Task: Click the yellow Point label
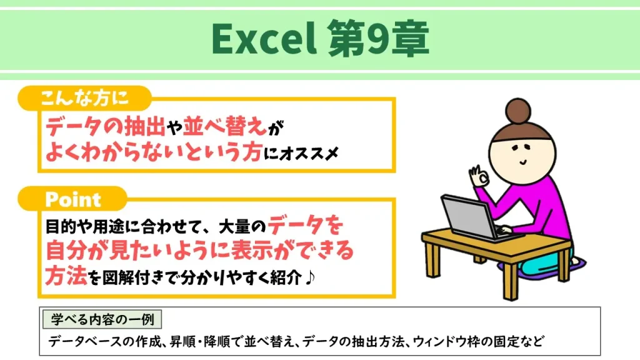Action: (73, 199)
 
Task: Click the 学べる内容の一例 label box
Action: (102, 319)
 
